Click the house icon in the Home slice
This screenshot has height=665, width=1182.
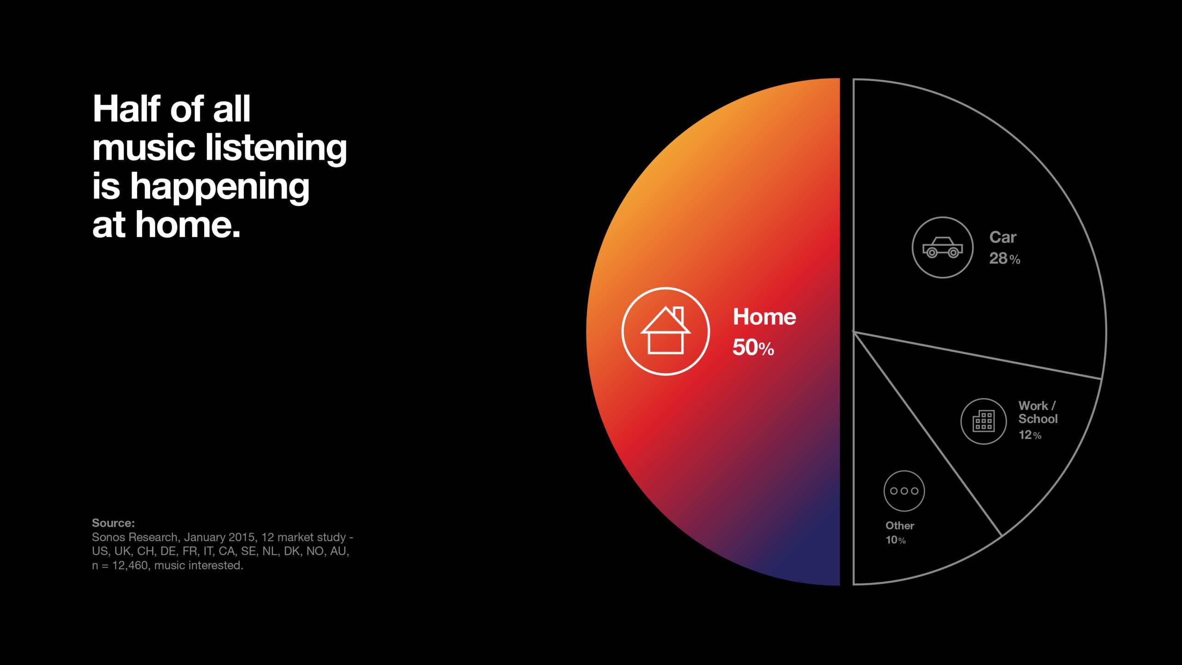tap(665, 331)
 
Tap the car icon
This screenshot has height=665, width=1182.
tap(942, 248)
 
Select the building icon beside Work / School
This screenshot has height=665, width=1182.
tap(983, 421)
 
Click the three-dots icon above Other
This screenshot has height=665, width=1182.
tap(904, 491)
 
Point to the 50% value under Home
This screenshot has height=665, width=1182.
tap(753, 347)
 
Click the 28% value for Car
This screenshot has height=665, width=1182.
tap(1004, 259)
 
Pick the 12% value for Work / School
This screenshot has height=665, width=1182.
tap(1030, 435)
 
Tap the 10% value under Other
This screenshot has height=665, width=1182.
tap(895, 540)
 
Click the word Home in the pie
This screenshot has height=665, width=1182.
tap(764, 317)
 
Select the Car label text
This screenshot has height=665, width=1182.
tap(1003, 237)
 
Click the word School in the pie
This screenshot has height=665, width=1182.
tap(1038, 419)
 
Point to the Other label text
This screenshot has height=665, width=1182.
tap(899, 526)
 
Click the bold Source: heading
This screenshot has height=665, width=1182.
tap(113, 523)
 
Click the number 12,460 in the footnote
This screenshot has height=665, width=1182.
tap(130, 565)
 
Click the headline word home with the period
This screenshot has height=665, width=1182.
tap(188, 225)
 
